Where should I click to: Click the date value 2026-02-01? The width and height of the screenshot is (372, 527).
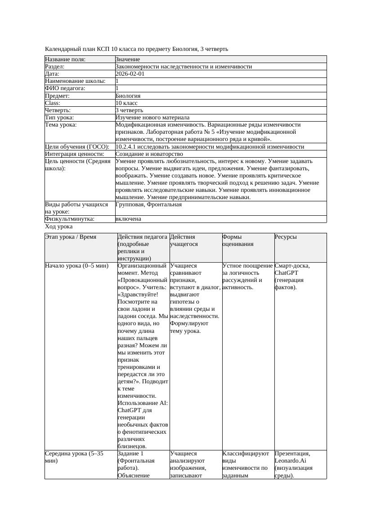130,74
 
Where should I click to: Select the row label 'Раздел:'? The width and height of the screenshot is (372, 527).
55,67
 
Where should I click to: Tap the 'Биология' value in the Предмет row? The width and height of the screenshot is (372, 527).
128,95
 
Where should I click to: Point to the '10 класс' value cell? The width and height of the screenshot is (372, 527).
126,103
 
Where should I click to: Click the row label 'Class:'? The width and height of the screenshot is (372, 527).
54,103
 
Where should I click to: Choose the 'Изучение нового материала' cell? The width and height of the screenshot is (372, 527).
152,118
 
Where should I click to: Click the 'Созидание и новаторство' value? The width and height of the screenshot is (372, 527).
149,154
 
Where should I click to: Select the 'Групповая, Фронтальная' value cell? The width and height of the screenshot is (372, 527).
148,204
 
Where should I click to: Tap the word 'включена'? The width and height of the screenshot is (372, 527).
128,219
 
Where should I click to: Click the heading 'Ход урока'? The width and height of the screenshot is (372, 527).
59,227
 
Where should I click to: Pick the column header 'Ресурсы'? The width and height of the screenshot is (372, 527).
286,236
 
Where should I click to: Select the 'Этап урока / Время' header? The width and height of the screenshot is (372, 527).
71,236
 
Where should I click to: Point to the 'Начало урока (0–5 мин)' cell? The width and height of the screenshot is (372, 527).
77,266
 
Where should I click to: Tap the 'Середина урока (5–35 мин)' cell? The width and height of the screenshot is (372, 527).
74,457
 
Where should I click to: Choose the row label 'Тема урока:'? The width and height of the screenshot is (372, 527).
61,125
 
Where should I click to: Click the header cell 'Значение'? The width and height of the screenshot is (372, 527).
128,59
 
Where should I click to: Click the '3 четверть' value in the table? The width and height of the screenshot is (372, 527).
130,110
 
